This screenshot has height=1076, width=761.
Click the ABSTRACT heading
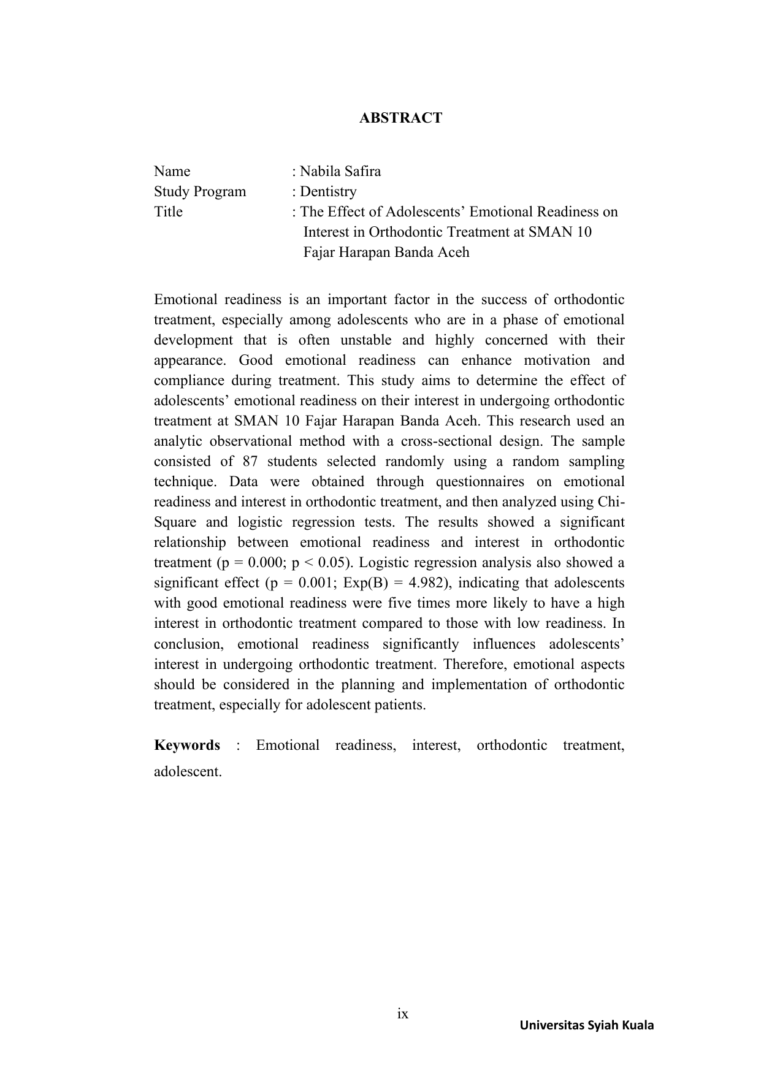click(x=400, y=118)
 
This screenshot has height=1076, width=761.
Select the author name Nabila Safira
click(x=340, y=171)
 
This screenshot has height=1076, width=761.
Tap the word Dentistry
click(x=328, y=191)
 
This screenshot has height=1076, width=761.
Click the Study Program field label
click(x=200, y=191)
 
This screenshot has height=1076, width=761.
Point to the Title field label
click(x=168, y=212)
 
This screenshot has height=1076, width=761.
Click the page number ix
click(x=402, y=1013)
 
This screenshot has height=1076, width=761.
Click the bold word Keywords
click(x=187, y=745)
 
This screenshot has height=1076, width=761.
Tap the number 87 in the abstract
click(x=250, y=461)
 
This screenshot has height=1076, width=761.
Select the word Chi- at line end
click(x=611, y=502)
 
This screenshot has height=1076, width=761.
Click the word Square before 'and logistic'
click(x=175, y=522)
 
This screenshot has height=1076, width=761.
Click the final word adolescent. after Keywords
click(x=188, y=771)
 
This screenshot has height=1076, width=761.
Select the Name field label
click(x=172, y=171)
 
